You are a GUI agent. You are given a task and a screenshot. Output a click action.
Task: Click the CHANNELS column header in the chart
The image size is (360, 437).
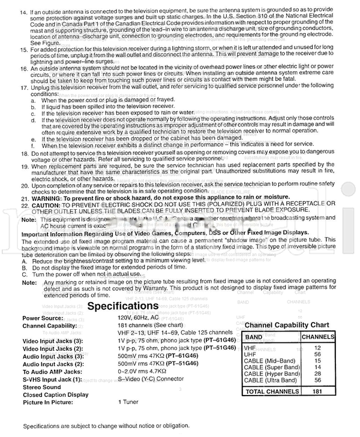click(x=317, y=337)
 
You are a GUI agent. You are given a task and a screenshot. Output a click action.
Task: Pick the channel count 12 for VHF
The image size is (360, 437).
click(x=317, y=348)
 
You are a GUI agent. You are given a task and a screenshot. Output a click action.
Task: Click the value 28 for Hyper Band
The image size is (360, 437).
click(x=317, y=374)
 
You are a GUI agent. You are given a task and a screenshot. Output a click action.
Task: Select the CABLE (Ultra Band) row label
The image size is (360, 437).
click(x=272, y=380)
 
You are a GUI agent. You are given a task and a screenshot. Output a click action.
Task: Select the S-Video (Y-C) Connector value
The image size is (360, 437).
click(x=153, y=379)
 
